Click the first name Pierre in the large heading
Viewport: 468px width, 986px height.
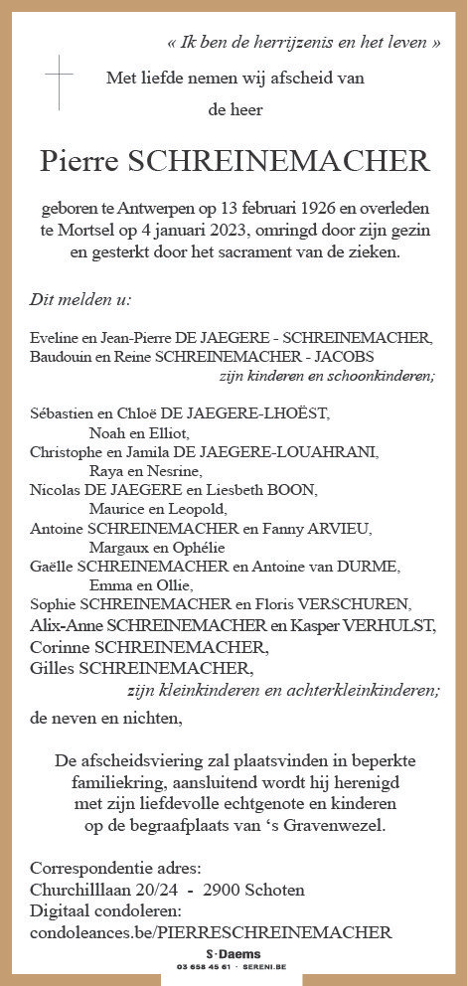coord(77,162)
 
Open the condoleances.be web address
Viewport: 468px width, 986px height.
coord(212,931)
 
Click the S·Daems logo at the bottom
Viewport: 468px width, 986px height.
coord(234,953)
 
